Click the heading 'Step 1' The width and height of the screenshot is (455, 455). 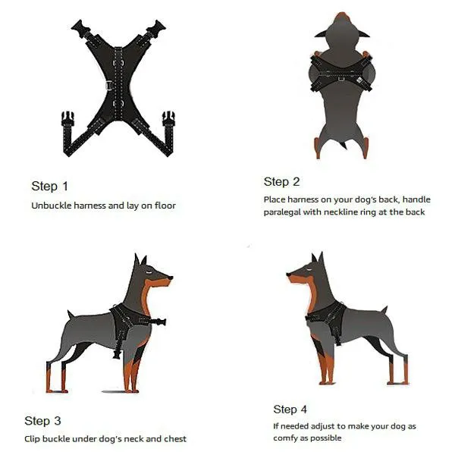point(49,187)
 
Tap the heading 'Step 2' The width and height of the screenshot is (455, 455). point(281,182)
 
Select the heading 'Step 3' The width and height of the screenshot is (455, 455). point(42,421)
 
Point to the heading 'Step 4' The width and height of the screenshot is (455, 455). point(290,409)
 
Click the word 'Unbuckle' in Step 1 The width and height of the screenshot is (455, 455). point(51,206)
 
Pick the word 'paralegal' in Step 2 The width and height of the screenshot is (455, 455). point(282,212)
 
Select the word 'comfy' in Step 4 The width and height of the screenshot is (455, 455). point(284,438)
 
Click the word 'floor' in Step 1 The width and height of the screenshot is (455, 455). point(165,206)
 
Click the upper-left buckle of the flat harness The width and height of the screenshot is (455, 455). point(80,27)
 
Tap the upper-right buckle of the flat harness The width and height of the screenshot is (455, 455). point(156,28)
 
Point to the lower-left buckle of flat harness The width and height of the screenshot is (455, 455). point(67,119)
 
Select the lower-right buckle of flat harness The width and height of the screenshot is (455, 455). point(168,119)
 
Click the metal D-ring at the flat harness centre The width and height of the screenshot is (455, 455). point(109,86)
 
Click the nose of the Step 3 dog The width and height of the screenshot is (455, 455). point(171,278)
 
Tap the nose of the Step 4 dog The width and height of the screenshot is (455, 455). point(288,275)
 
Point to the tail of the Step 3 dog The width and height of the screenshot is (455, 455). point(71,314)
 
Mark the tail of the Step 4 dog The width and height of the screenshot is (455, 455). point(384,309)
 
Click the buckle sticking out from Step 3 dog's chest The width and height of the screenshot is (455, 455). point(158,322)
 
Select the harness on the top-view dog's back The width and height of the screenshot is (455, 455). point(341,73)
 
